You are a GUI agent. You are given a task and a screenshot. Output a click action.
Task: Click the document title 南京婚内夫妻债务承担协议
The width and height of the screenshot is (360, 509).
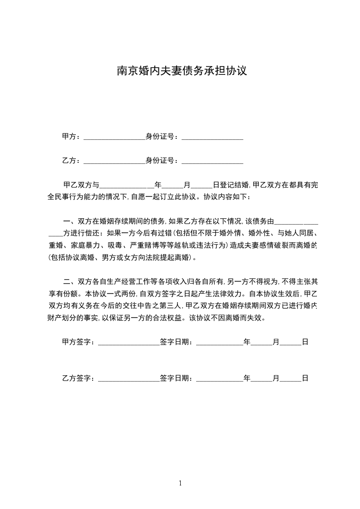click(182, 71)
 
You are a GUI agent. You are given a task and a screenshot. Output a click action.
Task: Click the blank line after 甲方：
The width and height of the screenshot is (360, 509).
click(114, 136)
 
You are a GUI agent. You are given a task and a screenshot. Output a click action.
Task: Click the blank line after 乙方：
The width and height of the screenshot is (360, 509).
click(114, 161)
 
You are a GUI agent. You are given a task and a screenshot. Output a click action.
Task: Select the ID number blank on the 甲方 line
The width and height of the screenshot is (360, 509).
click(212, 136)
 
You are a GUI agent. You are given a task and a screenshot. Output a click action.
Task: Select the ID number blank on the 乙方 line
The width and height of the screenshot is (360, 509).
click(212, 161)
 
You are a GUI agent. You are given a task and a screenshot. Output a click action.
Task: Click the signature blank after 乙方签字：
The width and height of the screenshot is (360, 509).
click(129, 378)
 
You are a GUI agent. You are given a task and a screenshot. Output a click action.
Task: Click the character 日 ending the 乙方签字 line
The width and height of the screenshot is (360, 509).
click(305, 378)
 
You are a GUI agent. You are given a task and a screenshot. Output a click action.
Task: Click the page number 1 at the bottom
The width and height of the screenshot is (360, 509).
click(180, 483)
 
